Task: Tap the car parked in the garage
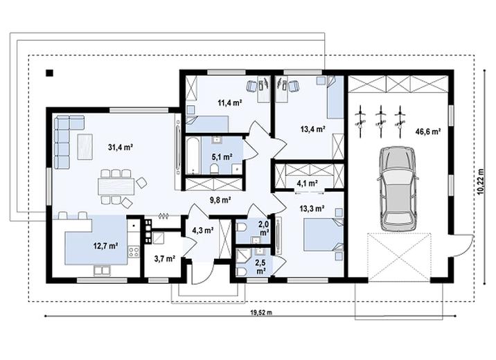click(x=398, y=188)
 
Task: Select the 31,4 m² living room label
click(x=121, y=147)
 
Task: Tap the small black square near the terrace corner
click(x=49, y=72)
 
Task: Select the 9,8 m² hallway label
click(x=221, y=199)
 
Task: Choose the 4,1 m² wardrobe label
click(x=307, y=183)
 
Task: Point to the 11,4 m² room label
click(x=229, y=102)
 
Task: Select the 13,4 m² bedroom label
click(x=313, y=129)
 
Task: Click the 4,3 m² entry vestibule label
click(x=202, y=231)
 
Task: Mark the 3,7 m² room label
click(x=164, y=258)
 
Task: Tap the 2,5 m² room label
click(x=260, y=265)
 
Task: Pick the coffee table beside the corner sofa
click(x=85, y=147)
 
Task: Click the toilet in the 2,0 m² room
click(x=241, y=226)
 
